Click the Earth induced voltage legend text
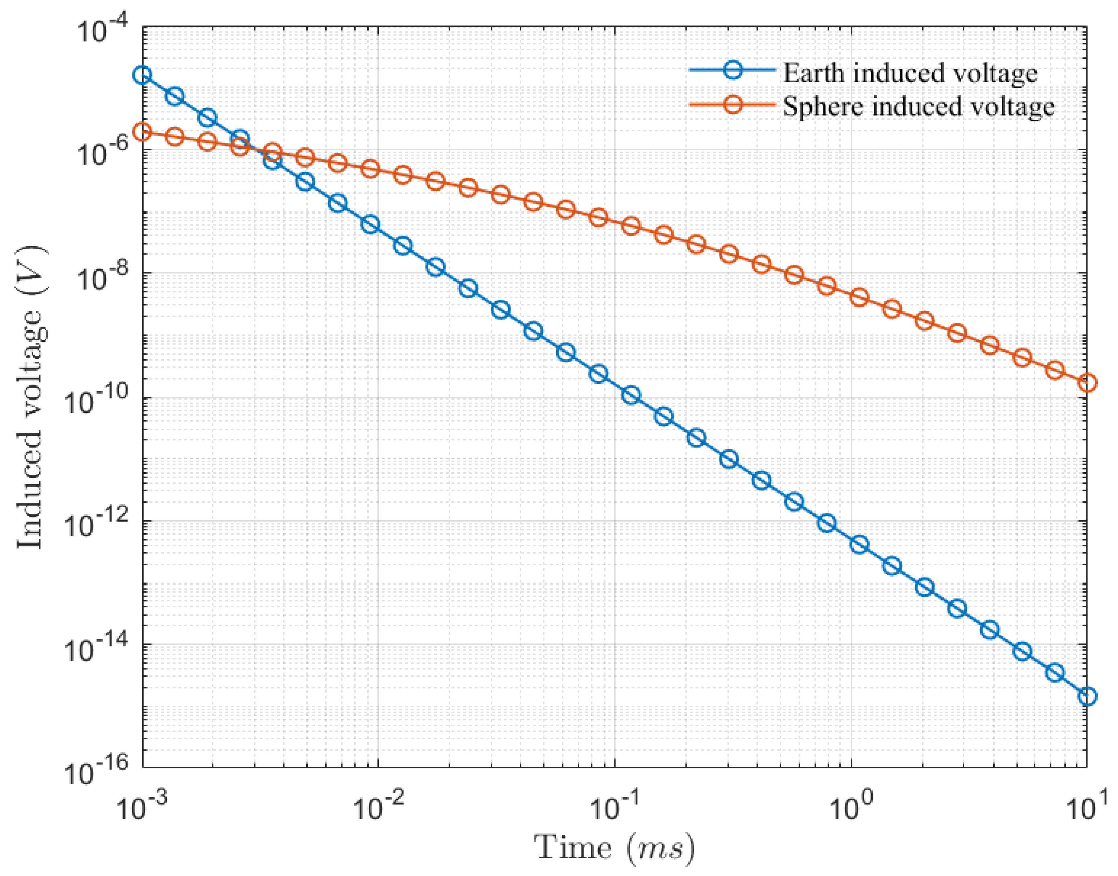(x=909, y=73)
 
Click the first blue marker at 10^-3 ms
(x=143, y=75)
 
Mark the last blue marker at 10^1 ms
(x=1087, y=696)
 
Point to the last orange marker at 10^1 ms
(x=1087, y=383)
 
